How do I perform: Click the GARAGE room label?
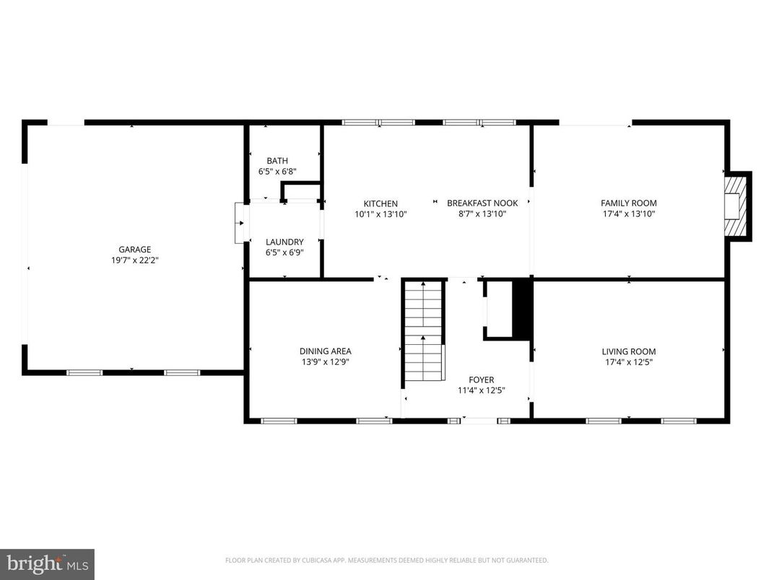pyautogui.click(x=135, y=250)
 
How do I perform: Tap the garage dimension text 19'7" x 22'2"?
pyautogui.click(x=135, y=260)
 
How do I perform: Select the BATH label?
pyautogui.click(x=277, y=161)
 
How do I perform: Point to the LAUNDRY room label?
pyautogui.click(x=284, y=242)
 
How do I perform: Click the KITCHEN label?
pyautogui.click(x=381, y=204)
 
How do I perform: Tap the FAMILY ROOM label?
pyautogui.click(x=629, y=203)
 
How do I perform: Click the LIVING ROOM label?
pyautogui.click(x=629, y=352)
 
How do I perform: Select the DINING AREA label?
pyautogui.click(x=326, y=351)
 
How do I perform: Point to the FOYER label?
pyautogui.click(x=482, y=380)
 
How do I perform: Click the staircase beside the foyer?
pyautogui.click(x=423, y=330)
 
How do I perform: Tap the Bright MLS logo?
pyautogui.click(x=47, y=563)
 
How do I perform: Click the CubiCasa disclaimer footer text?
pyautogui.click(x=386, y=561)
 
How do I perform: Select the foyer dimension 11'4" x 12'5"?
pyautogui.click(x=482, y=390)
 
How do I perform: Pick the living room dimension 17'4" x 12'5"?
pyautogui.click(x=629, y=362)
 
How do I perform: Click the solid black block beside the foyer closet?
pyautogui.click(x=521, y=308)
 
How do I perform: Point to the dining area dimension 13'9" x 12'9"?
pyautogui.click(x=326, y=362)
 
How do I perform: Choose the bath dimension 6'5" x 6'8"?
pyautogui.click(x=277, y=172)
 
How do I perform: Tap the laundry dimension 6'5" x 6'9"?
pyautogui.click(x=284, y=252)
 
